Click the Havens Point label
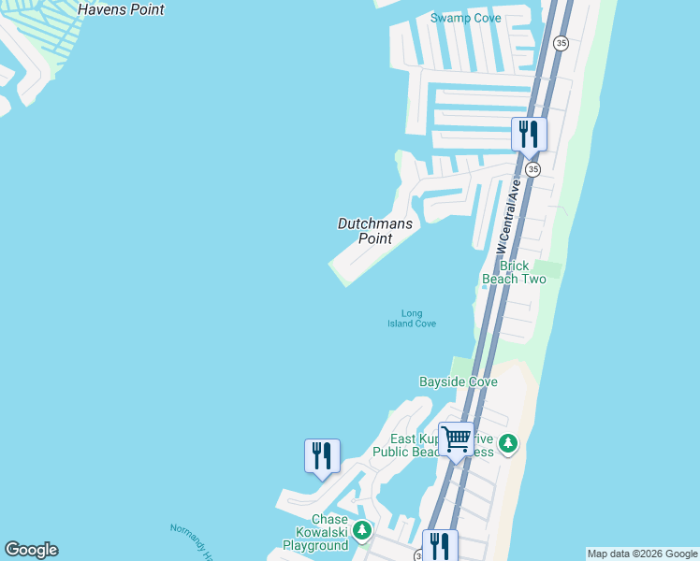121,9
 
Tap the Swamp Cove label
465,18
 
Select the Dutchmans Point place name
374,231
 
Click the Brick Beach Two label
513,272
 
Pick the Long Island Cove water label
412,319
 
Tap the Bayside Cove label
458,381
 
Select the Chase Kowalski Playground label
315,532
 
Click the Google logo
31,550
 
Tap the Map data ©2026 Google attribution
643,554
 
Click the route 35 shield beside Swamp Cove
561,43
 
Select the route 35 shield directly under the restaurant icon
532,169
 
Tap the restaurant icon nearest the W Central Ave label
529,135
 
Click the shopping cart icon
456,439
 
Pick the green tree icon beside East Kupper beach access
507,443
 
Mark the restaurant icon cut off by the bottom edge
439,545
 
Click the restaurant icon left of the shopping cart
322,456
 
